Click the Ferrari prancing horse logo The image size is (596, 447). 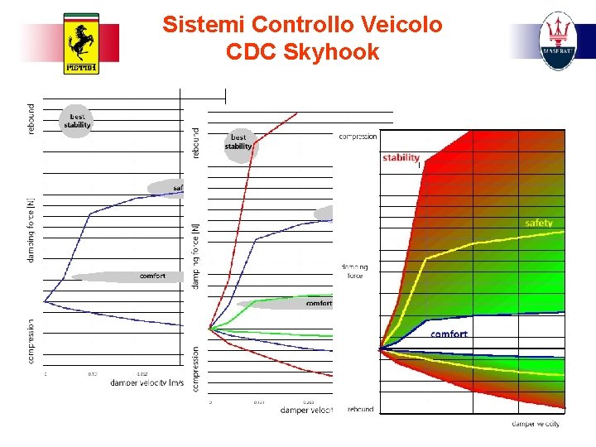tap(81, 44)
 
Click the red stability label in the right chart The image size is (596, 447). tap(401, 157)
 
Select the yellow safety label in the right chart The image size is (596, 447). tap(538, 223)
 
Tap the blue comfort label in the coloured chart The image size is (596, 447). tap(449, 334)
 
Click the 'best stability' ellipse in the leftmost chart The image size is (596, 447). tap(77, 121)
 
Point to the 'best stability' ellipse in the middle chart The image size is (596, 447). tap(238, 142)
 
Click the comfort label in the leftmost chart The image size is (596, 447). tap(152, 276)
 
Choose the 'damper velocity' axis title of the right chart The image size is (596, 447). tap(536, 424)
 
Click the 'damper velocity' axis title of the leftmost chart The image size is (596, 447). tap(147, 382)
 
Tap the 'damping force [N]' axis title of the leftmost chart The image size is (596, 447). tap(31, 230)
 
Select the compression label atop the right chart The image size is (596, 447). tap(358, 137)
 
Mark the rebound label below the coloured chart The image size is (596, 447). tap(360, 409)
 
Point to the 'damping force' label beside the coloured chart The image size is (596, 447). tap(353, 272)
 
